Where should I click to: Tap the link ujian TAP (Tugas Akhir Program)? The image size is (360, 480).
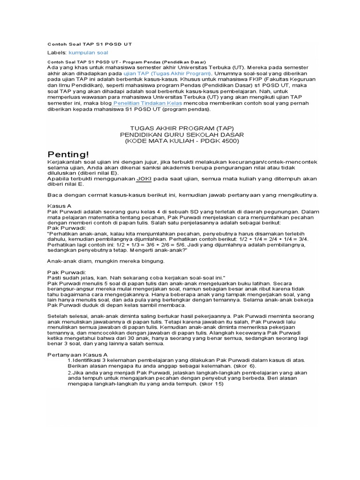coord(167,73)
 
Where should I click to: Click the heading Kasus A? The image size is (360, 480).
coord(60,206)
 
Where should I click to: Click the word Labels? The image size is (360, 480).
coord(57,52)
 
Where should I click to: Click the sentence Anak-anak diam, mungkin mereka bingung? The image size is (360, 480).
coord(106,261)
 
